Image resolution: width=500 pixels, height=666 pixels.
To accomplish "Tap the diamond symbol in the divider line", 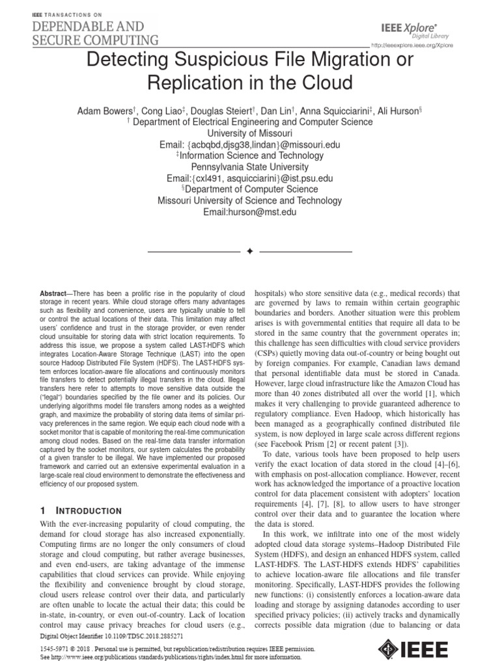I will pyautogui.click(x=249, y=250).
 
